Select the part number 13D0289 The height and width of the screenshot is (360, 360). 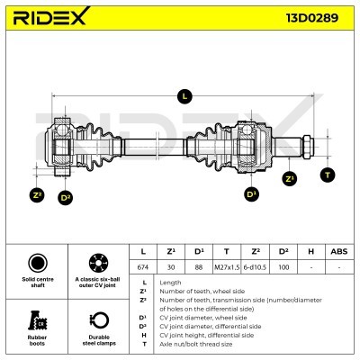(312, 18)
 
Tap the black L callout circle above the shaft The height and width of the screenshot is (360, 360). (184, 96)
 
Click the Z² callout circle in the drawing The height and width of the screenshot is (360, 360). (37, 195)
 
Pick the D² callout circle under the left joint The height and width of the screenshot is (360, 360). (65, 198)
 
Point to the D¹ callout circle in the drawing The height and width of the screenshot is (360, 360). (251, 194)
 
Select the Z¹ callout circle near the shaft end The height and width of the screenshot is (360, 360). (289, 179)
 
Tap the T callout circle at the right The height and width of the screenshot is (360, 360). (328, 175)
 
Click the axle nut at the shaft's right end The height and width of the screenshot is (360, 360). (308, 147)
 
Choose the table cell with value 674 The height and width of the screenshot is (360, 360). (143, 267)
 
